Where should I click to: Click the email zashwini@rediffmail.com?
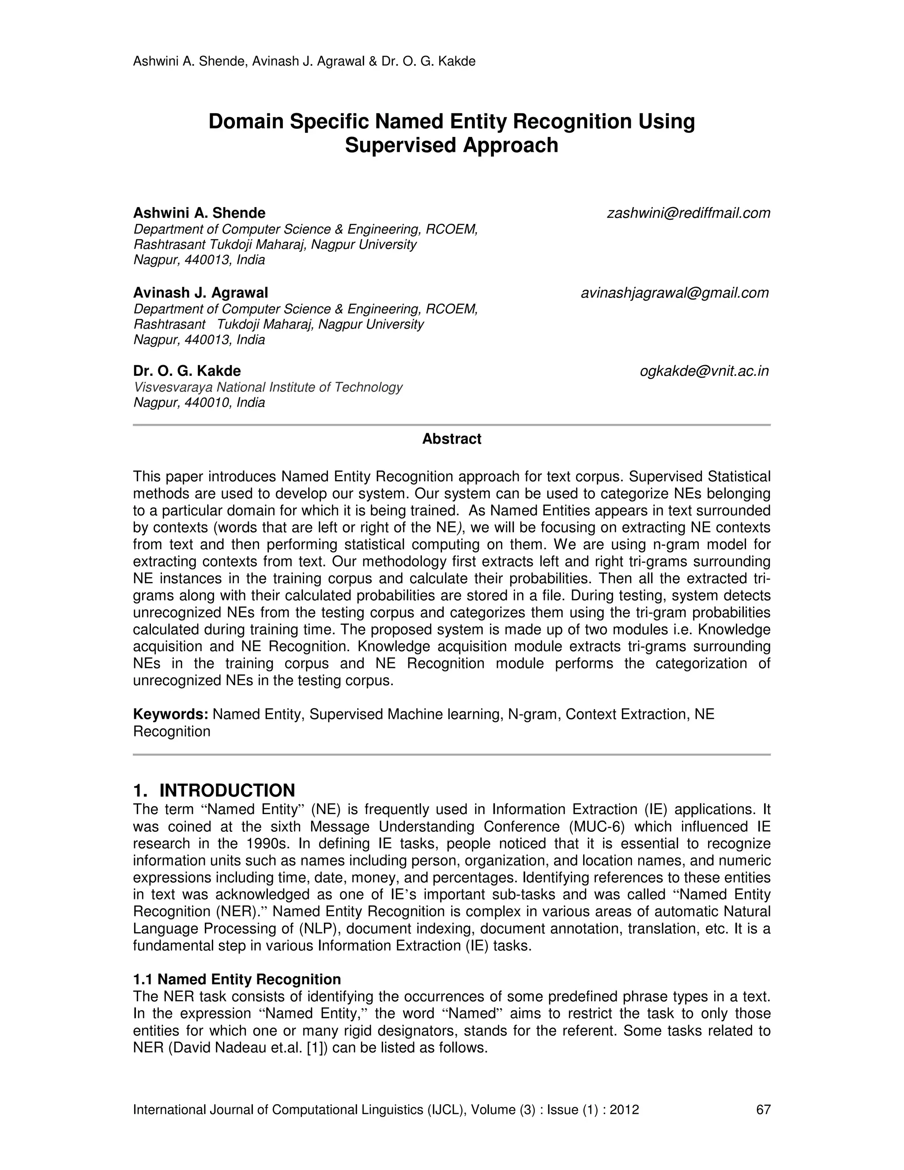(688, 213)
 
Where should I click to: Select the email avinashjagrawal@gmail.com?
(675, 293)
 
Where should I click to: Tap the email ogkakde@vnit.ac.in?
(704, 371)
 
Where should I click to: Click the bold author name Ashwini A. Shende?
(199, 213)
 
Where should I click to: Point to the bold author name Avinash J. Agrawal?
(200, 293)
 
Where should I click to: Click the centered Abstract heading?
(452, 439)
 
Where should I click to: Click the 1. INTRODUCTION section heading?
(214, 790)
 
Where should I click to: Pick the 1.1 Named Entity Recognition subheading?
(237, 979)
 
